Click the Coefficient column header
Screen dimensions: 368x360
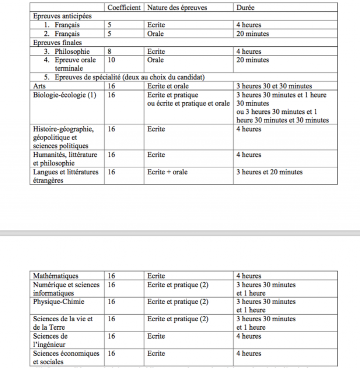point(125,8)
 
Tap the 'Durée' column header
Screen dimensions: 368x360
point(245,8)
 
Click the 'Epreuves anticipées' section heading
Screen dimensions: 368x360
point(62,16)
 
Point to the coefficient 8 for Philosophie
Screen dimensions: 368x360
point(110,52)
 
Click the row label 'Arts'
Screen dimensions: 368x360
point(39,86)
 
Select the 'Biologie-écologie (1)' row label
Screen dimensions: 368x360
point(64,95)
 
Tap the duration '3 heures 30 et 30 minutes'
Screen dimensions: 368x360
point(274,86)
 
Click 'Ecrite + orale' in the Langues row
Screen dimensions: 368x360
point(167,172)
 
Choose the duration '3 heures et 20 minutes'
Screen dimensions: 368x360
point(269,172)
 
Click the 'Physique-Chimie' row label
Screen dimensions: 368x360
point(59,302)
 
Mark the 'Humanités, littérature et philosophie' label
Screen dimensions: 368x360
point(66,159)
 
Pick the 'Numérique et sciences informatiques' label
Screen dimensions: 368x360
point(66,289)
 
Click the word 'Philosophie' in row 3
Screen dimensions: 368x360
point(72,52)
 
